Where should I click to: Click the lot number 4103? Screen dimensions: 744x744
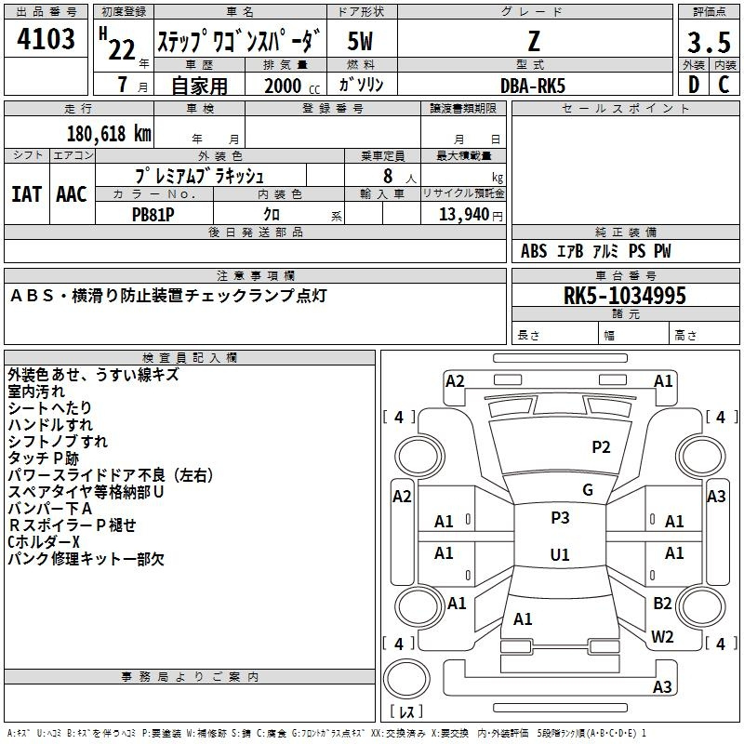pyautogui.click(x=46, y=38)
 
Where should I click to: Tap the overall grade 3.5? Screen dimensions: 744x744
pyautogui.click(x=709, y=42)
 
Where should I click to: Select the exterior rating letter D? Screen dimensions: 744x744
pyautogui.click(x=694, y=85)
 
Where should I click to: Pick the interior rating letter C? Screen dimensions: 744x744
pyautogui.click(x=724, y=85)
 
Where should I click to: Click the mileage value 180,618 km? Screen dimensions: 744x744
pyautogui.click(x=109, y=134)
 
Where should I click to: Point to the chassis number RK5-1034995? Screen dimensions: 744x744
pyautogui.click(x=624, y=296)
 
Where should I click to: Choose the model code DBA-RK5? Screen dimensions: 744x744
pyautogui.click(x=533, y=86)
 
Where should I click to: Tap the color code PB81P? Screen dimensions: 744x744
pyautogui.click(x=153, y=215)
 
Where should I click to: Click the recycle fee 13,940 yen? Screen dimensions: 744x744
pyautogui.click(x=471, y=215)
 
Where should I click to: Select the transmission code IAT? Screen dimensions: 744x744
pyautogui.click(x=26, y=194)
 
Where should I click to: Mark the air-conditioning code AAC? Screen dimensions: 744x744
pyautogui.click(x=72, y=194)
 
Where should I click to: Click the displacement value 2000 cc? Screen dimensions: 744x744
pyautogui.click(x=292, y=86)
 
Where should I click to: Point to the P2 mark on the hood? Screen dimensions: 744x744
pyautogui.click(x=601, y=446)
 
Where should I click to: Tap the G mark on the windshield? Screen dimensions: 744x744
pyautogui.click(x=588, y=490)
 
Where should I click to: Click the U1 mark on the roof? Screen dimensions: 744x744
pyautogui.click(x=560, y=554)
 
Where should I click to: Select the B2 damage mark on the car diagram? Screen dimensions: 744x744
pyautogui.click(x=662, y=603)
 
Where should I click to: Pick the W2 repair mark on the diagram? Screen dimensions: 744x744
pyautogui.click(x=662, y=636)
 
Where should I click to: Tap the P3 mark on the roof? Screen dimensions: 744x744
pyautogui.click(x=560, y=517)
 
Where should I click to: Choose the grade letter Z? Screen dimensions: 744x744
pyautogui.click(x=534, y=41)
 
